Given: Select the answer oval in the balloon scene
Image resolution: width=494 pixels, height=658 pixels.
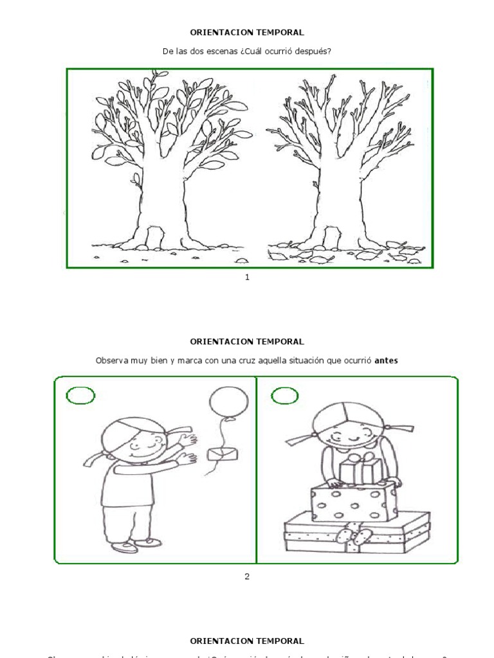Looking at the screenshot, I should (x=81, y=396).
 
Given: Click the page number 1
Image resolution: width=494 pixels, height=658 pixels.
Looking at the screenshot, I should (x=247, y=277).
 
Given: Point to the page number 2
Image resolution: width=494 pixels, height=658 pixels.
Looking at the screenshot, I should (x=247, y=576).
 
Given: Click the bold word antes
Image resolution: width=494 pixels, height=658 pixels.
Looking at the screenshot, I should (x=386, y=360).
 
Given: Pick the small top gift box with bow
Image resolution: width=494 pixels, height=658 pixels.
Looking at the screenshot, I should (x=356, y=470).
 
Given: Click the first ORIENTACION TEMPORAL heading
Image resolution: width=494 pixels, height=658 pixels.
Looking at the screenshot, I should (x=247, y=31).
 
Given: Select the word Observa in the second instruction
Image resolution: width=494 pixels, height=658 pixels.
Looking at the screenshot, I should (x=112, y=360).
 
